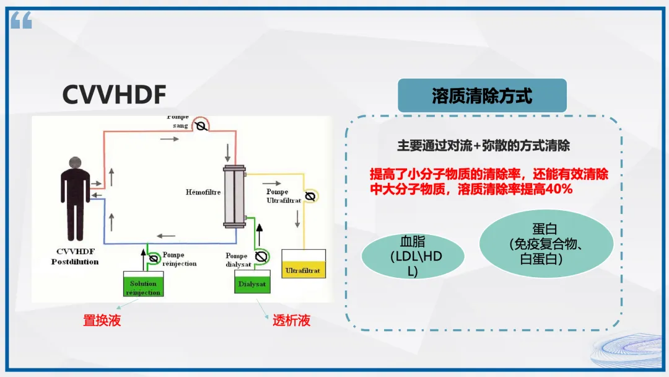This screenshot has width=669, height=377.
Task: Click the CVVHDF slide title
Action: [114, 95]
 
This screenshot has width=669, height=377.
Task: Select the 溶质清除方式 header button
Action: [482, 96]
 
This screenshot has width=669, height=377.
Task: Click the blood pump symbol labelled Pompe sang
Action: [200, 126]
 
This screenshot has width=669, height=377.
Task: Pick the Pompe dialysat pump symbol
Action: [261, 255]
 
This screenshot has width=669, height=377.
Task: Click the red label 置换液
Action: [102, 321]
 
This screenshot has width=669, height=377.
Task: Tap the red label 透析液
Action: [291, 321]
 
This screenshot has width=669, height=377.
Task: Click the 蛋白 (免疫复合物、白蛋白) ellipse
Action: [545, 244]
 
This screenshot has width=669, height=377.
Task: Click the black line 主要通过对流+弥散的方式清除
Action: [483, 146]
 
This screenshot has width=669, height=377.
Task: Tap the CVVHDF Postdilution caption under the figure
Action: [75, 257]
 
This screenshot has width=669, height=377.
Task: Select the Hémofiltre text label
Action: [203, 192]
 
